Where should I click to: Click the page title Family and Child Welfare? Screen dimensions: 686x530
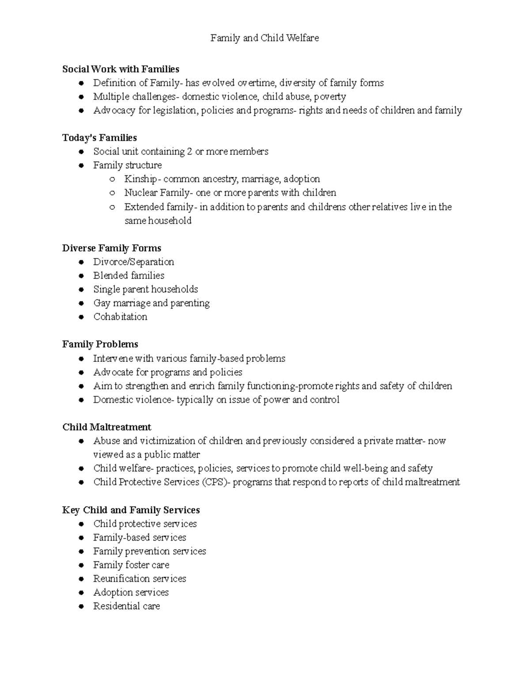(265, 38)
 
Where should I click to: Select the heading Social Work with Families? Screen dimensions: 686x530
(121, 69)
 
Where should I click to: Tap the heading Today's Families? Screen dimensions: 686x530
(99, 138)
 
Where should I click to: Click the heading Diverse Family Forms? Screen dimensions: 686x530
(111, 248)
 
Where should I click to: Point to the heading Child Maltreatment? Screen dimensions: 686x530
(106, 427)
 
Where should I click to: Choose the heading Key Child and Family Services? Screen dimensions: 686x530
(131, 510)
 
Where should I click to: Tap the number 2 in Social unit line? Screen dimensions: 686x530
(189, 152)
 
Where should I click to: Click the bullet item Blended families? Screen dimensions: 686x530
(129, 276)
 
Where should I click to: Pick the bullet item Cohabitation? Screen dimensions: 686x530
(120, 317)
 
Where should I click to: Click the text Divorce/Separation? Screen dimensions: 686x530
(133, 262)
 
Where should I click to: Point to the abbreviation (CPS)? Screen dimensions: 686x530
(216, 482)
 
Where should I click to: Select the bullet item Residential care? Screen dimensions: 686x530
(126, 606)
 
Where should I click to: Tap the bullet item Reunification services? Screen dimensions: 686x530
(140, 579)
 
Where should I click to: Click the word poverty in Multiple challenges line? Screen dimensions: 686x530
(329, 97)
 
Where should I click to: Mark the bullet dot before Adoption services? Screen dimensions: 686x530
(81, 593)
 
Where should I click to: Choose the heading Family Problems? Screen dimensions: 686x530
(100, 344)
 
